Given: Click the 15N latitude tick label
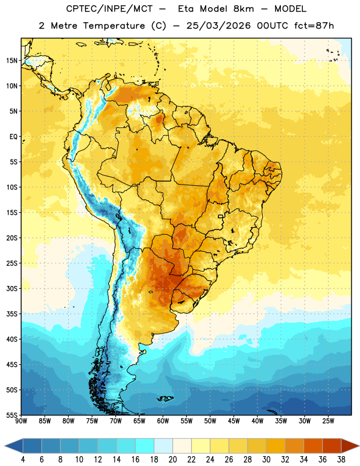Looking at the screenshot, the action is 12,61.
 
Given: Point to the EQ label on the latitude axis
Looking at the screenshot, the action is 13,137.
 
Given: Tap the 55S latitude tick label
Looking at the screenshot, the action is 12,415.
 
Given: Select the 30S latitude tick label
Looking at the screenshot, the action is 12,288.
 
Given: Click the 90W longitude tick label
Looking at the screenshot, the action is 22,421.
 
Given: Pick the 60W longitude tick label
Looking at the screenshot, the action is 163,421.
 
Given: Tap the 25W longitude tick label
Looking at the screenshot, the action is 328,421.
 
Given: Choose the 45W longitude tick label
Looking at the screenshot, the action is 234,421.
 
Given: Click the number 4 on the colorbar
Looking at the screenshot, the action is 23,460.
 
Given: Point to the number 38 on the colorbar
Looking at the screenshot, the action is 341,460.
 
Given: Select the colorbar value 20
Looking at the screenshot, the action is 172,460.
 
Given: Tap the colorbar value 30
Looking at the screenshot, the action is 266,460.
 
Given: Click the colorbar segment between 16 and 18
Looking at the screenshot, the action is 145,446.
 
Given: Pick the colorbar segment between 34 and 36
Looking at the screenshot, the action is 313,446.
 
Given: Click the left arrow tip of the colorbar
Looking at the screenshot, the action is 5,446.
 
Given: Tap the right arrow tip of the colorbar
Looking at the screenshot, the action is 359,446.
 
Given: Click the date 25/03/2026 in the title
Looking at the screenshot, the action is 218,26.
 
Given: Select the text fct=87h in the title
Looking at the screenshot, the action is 314,26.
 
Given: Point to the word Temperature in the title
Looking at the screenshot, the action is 114,26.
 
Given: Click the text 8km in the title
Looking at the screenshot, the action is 243,9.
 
